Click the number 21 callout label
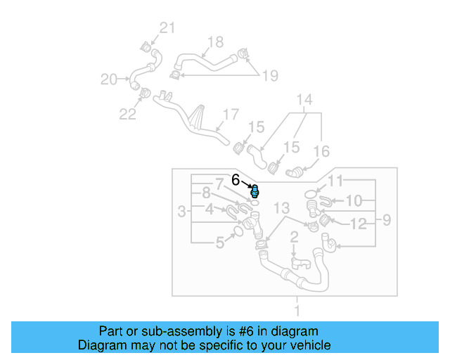click(165, 28)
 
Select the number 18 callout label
click(214, 41)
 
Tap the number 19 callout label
click(271, 75)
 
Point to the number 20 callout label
click(109, 79)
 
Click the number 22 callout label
click(127, 114)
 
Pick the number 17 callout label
click(231, 114)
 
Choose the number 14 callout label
click(303, 99)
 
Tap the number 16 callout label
click(321, 150)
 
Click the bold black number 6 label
click(236, 180)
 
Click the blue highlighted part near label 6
click(255, 191)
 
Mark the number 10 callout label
click(354, 201)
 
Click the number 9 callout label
click(386, 222)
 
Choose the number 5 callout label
click(219, 243)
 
